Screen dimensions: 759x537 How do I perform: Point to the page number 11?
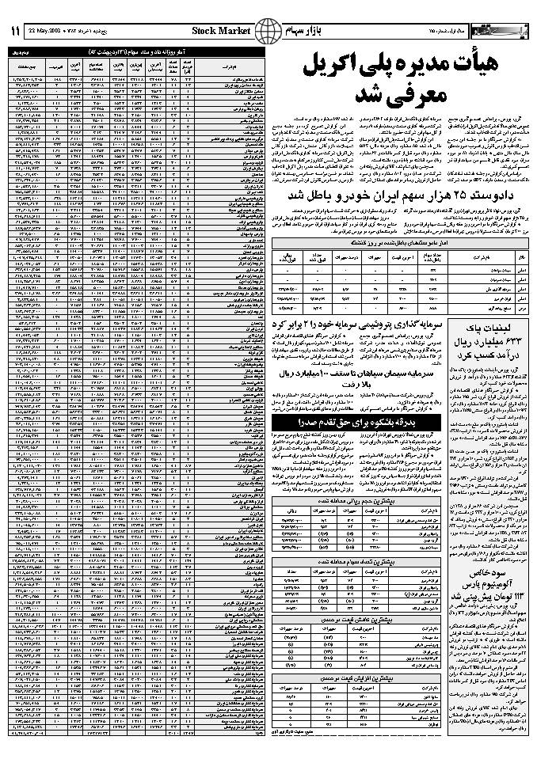pyautogui.click(x=15, y=30)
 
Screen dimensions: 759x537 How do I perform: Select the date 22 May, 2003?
pyautogui.click(x=45, y=31)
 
